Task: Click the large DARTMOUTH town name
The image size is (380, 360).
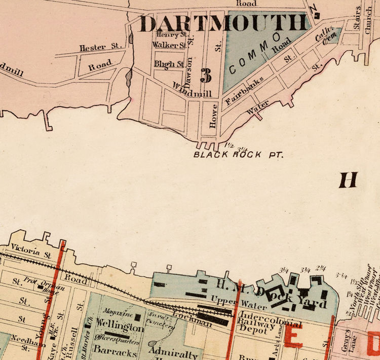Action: [x=223, y=23]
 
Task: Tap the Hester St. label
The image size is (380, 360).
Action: [x=101, y=48]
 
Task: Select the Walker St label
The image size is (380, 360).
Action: [x=168, y=45]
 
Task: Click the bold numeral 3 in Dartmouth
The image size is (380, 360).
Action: [x=206, y=75]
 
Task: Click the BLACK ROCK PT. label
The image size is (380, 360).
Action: [x=237, y=154]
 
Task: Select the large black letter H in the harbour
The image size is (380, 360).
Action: [x=348, y=179]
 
